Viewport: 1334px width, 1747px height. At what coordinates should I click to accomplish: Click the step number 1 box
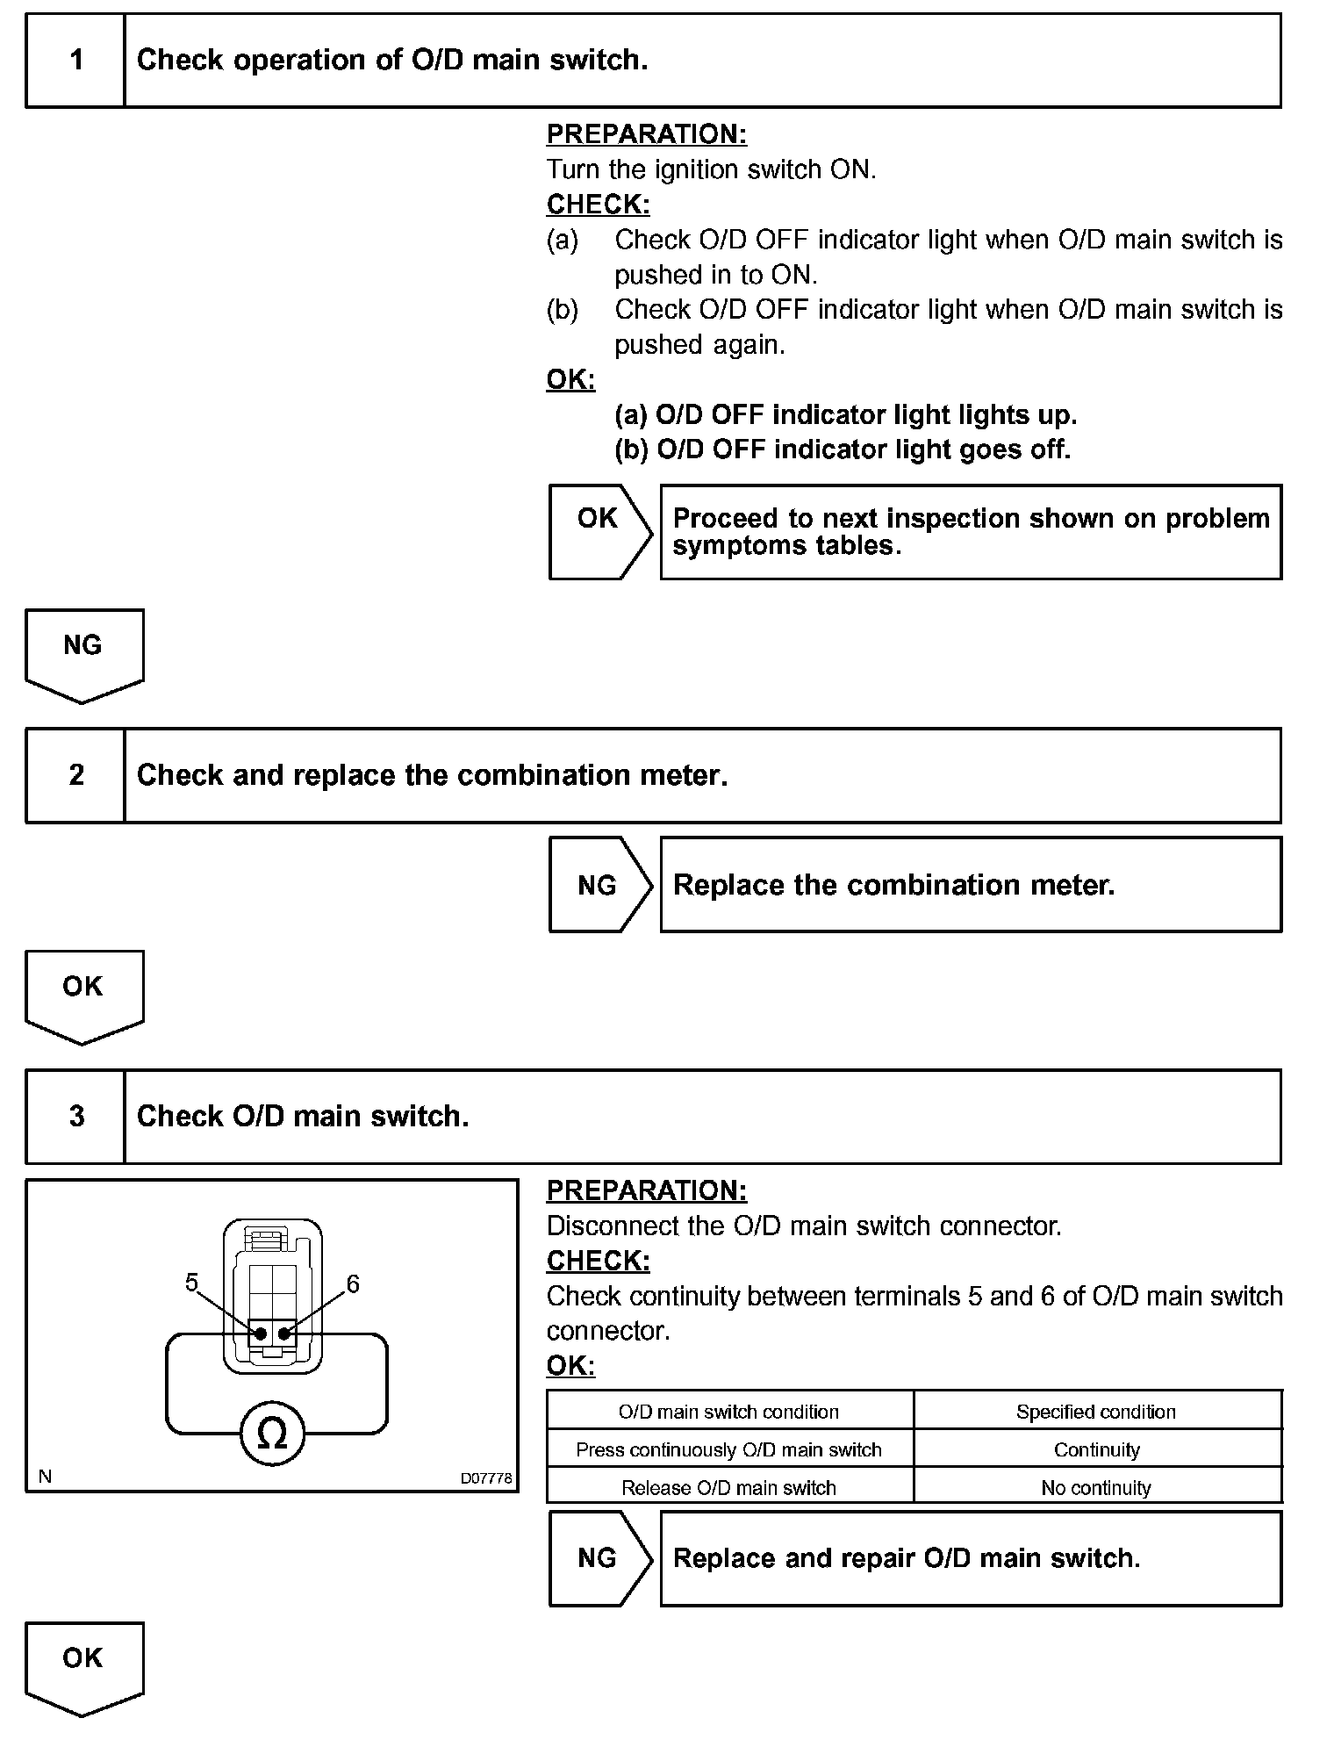pyautogui.click(x=76, y=61)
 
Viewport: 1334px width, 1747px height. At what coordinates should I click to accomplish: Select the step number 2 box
pyautogui.click(x=76, y=775)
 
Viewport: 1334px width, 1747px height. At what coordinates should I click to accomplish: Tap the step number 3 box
pyautogui.click(x=76, y=1117)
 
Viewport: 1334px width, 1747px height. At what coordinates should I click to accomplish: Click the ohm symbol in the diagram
pyautogui.click(x=272, y=1434)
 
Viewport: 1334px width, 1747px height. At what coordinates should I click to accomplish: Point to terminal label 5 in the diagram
pyautogui.click(x=191, y=1283)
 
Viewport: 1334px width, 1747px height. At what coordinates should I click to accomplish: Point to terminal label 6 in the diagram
pyautogui.click(x=353, y=1284)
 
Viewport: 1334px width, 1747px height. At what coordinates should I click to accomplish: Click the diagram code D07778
pyautogui.click(x=486, y=1478)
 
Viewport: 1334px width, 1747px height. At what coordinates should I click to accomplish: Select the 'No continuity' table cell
pyautogui.click(x=1096, y=1488)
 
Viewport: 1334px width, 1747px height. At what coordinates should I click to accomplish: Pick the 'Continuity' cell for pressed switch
pyautogui.click(x=1096, y=1450)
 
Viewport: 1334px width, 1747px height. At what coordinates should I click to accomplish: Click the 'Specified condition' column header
pyautogui.click(x=1096, y=1412)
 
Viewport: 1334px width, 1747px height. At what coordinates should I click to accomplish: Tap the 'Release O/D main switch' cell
pyautogui.click(x=728, y=1488)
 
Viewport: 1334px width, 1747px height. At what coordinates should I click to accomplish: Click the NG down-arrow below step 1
pyautogui.click(x=83, y=653)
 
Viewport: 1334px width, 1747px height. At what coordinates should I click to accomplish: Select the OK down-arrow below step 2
pyautogui.click(x=83, y=994)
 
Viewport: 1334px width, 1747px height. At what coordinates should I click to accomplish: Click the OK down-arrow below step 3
pyautogui.click(x=83, y=1665)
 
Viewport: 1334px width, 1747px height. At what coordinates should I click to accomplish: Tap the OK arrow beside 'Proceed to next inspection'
pyautogui.click(x=599, y=531)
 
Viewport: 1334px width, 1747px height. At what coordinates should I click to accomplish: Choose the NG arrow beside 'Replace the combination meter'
pyautogui.click(x=599, y=885)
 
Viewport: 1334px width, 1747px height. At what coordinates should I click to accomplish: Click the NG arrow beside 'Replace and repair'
pyautogui.click(x=599, y=1558)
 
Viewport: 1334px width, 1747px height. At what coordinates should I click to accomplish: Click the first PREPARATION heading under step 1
pyautogui.click(x=647, y=134)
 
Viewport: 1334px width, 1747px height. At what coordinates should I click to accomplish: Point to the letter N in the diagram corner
pyautogui.click(x=45, y=1477)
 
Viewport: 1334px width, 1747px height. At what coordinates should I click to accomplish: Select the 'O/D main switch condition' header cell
pyautogui.click(x=728, y=1412)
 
